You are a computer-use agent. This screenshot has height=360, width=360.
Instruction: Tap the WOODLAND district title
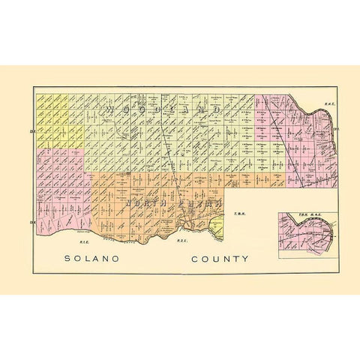[x=162, y=109]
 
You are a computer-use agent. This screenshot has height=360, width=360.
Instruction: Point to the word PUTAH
[x=202, y=203]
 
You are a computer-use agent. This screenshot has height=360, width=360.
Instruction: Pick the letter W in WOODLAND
[x=110, y=109]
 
